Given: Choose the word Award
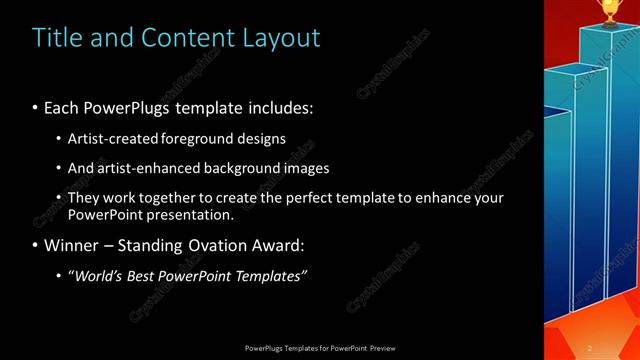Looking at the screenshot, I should click(x=273, y=245).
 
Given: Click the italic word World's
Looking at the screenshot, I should click(x=97, y=275).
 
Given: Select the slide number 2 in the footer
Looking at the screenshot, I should click(x=590, y=347).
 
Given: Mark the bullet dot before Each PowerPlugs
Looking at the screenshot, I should click(x=36, y=106).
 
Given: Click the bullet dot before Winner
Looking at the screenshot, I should click(x=36, y=245).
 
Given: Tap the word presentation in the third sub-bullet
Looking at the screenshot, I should click(x=191, y=214).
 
